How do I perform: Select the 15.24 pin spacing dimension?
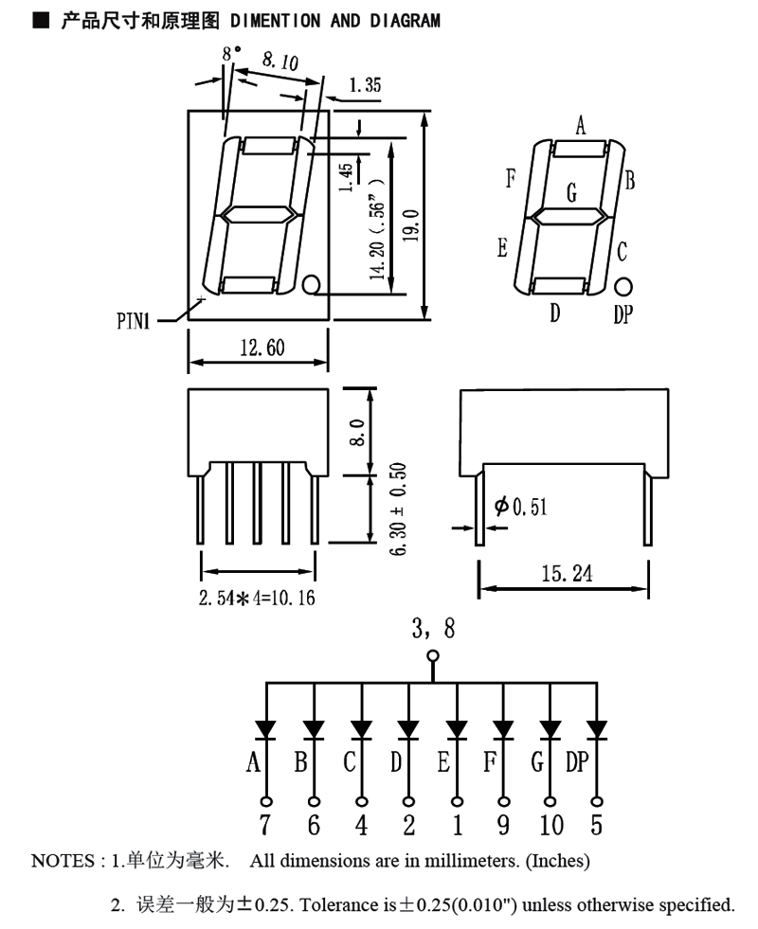pyautogui.click(x=564, y=574)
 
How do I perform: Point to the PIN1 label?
pyautogui.click(x=134, y=322)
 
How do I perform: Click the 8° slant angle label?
pyautogui.click(x=231, y=55)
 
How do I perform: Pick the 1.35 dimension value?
pyautogui.click(x=365, y=86)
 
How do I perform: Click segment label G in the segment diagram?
pyautogui.click(x=571, y=192)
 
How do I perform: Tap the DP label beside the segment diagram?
pyautogui.click(x=623, y=315)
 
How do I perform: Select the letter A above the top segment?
pyautogui.click(x=581, y=124)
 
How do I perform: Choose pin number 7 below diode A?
pyautogui.click(x=265, y=825)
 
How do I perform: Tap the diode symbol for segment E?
pyautogui.click(x=457, y=730)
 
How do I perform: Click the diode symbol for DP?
pyautogui.click(x=596, y=730)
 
